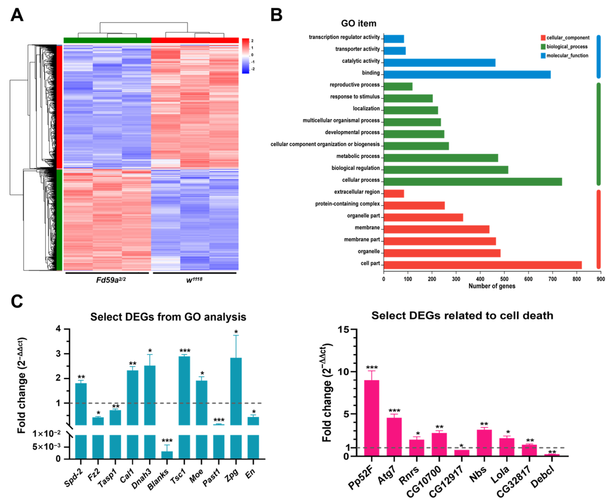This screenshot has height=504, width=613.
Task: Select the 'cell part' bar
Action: pos(482,265)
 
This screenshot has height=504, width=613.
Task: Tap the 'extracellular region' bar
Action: pos(394,194)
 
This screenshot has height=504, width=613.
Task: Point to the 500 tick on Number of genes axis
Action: pos(504,279)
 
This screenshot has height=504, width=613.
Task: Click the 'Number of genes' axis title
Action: pos(492,286)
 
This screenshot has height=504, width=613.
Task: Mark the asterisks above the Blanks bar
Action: pos(167,441)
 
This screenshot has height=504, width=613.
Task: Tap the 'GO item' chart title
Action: pos(358,23)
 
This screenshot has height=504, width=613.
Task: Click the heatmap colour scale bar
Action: pos(245,56)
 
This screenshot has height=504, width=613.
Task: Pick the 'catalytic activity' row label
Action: pos(361,61)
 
